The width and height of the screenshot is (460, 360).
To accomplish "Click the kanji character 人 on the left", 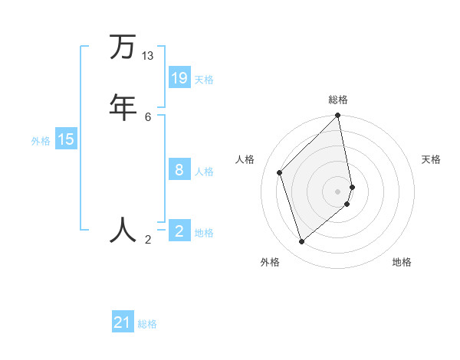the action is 123,229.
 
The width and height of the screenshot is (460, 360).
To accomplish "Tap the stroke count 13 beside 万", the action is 148,56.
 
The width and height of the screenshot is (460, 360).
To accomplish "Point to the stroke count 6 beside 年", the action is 148,116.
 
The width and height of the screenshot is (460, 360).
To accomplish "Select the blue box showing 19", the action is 179,77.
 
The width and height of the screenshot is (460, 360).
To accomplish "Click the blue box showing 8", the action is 179,169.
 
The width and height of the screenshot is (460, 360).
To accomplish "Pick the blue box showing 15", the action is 66,139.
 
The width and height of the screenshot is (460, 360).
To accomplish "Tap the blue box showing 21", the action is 123,322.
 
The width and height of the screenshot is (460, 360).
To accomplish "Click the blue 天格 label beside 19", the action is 204,80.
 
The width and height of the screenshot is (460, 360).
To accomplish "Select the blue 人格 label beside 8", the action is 204,172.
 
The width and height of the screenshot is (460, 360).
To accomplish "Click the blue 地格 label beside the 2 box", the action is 204,233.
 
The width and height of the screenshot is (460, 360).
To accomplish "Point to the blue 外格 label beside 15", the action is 41,141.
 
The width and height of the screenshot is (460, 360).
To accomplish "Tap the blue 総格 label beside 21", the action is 147,324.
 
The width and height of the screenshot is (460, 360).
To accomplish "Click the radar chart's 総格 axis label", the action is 338,100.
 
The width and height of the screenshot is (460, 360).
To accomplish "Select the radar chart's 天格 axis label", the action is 431,159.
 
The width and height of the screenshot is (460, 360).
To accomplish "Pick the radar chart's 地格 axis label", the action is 402,262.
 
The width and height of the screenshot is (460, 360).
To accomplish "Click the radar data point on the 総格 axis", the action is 338,116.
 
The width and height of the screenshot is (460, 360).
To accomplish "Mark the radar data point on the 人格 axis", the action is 280,172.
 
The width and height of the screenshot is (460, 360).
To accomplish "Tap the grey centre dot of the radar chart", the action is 338,191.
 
